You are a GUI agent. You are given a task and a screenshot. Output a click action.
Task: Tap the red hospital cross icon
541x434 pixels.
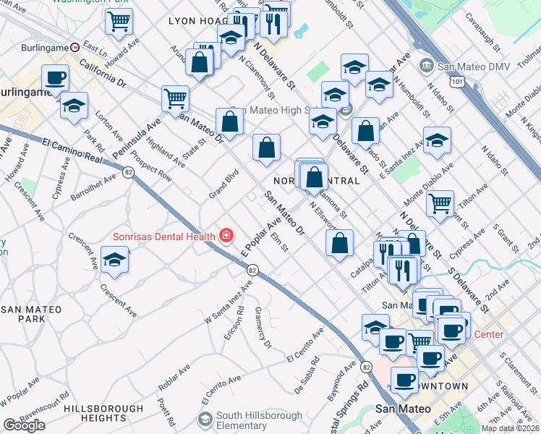[226, 236]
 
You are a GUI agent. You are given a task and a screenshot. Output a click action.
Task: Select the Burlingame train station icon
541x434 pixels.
[74, 47]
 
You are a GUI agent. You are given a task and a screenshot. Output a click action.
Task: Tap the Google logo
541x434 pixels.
[24, 425]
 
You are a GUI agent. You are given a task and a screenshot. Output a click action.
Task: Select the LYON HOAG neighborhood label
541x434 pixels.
[197, 22]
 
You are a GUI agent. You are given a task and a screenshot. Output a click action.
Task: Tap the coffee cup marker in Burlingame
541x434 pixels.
[56, 77]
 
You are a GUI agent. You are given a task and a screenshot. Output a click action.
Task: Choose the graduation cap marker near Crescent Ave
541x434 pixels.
[114, 259]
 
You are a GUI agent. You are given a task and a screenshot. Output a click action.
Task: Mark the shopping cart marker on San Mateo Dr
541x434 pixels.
[175, 98]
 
